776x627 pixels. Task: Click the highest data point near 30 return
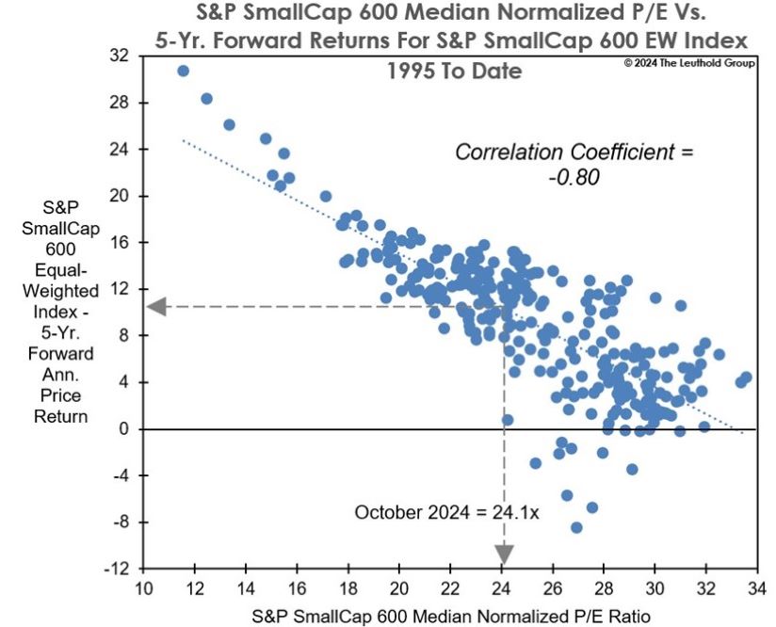[x=183, y=71]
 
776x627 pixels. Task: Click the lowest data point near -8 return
[x=576, y=527]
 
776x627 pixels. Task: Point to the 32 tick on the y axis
[x=119, y=56]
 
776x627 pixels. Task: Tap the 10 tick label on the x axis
[x=143, y=589]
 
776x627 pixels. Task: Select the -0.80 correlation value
[x=574, y=176]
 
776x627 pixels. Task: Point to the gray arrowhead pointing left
[x=156, y=306]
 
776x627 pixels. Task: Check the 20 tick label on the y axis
[x=119, y=196]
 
